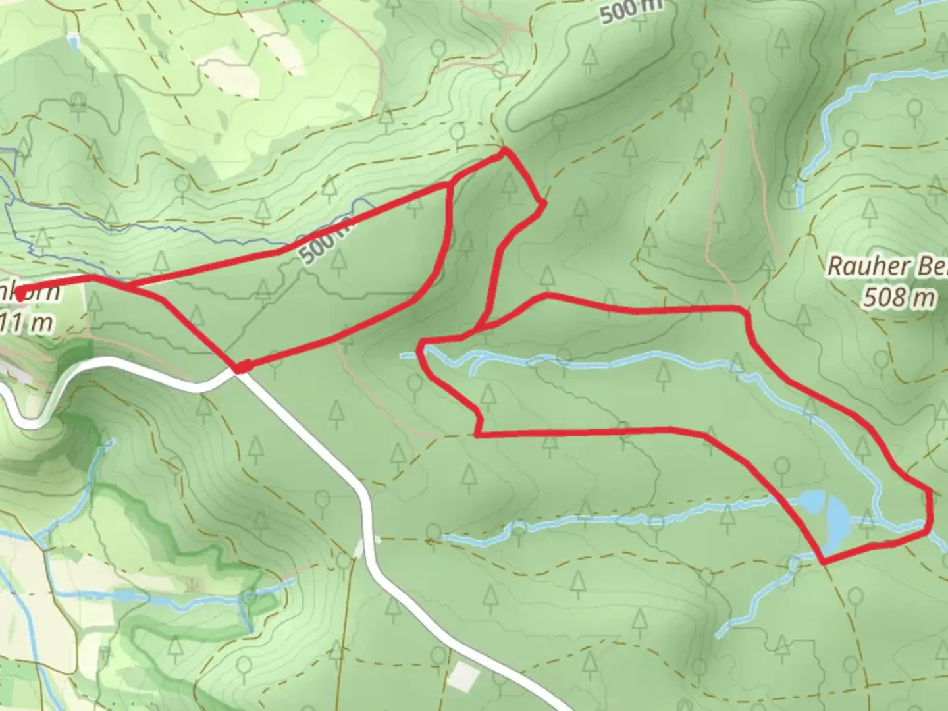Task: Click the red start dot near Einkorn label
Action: pos(21,296)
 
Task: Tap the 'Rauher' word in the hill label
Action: pos(858,267)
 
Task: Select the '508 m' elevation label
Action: pos(899,298)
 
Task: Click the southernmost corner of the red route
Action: pos(823,562)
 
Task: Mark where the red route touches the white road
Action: pos(241,367)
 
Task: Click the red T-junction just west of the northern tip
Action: pos(450,184)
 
